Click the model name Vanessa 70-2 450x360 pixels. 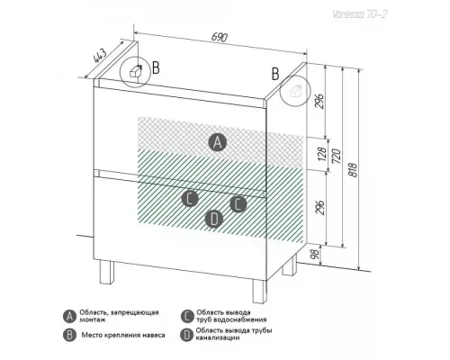click(359, 14)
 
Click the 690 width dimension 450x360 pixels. click(220, 37)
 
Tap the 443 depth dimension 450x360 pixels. click(100, 55)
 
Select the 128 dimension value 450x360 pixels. click(322, 154)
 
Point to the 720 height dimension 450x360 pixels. click(337, 156)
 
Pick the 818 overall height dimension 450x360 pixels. click(354, 170)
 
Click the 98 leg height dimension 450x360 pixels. click(315, 255)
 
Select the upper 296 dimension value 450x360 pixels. click(320, 101)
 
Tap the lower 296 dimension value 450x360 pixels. click(320, 207)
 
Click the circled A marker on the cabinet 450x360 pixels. click(218, 142)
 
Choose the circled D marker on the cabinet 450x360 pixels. click(214, 219)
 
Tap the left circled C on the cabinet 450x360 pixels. click(190, 198)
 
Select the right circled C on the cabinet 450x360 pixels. click(238, 204)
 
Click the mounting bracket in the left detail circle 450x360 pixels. click(136, 71)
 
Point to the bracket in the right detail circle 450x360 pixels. click(295, 90)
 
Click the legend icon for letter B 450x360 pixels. click(69, 335)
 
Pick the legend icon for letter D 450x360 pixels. click(186, 335)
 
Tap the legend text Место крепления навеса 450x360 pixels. click(123, 335)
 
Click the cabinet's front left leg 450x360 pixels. click(107, 272)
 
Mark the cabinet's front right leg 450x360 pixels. click(259, 292)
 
